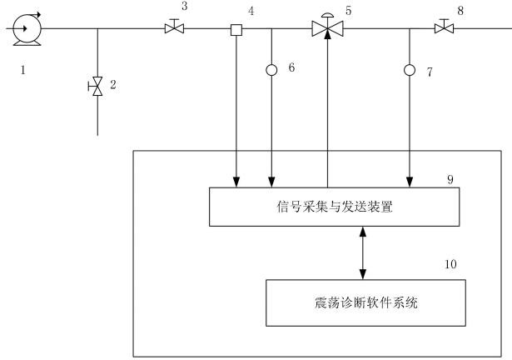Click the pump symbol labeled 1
click(23, 28)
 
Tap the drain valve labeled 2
click(97, 85)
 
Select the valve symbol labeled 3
click(174, 29)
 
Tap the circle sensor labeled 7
click(409, 69)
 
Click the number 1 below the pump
click(23, 70)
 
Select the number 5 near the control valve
click(349, 11)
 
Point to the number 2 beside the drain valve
click(112, 85)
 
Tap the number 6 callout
click(291, 66)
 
